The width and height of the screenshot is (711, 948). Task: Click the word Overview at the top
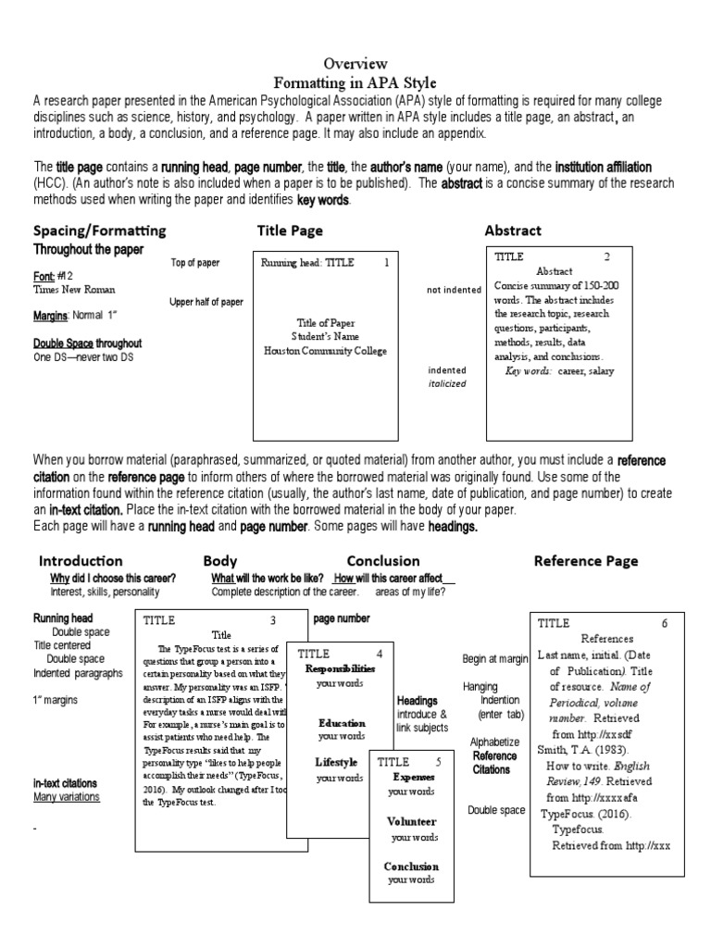(355, 64)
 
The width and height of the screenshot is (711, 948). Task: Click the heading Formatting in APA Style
(355, 82)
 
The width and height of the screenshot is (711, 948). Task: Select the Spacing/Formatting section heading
(100, 231)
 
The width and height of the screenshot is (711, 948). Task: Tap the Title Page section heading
(290, 231)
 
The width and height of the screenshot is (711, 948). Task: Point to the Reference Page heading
(586, 560)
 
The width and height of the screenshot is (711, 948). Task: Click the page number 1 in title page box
(386, 263)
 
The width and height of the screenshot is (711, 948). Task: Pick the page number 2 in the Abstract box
(607, 256)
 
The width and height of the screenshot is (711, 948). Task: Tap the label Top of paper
(195, 263)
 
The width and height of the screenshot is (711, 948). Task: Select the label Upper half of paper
(206, 302)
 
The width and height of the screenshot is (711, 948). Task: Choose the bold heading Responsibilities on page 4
(341, 667)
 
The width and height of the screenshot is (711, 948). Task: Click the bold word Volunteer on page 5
(412, 821)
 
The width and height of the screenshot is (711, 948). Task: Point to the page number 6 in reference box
(665, 623)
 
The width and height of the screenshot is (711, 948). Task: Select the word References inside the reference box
(606, 639)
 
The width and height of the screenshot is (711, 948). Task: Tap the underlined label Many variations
(67, 796)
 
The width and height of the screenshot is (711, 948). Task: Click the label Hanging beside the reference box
(480, 687)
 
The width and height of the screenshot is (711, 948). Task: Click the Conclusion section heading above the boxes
(383, 560)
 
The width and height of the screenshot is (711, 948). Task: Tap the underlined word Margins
(50, 317)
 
